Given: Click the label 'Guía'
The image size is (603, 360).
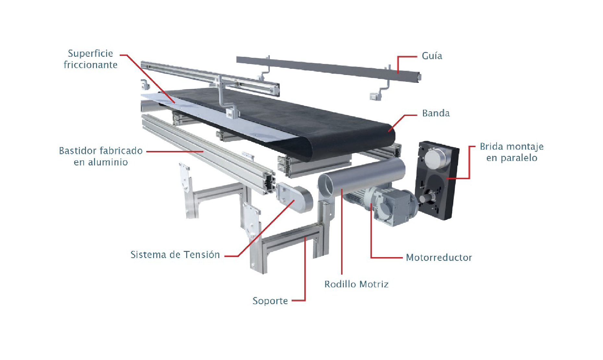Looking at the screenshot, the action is coord(432,56).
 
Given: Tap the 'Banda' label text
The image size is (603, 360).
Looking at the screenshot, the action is coord(436,113).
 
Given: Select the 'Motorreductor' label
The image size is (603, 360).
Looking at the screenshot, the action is coord(439,257).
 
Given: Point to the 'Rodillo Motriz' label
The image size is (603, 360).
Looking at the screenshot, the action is coord(356,284).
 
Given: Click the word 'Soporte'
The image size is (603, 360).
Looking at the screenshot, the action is coord(270,301).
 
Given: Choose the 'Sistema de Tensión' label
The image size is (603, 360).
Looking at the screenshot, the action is coord(175,254).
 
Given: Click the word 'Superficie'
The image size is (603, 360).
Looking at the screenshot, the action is coord(90,54).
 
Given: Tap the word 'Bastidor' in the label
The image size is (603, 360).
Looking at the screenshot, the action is coord(78,151).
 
